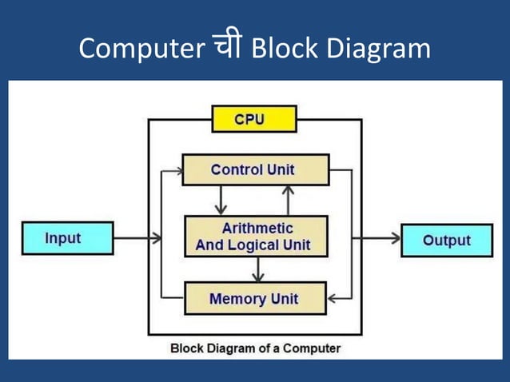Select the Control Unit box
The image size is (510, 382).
click(x=255, y=169)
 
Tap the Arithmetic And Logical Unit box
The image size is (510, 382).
click(x=256, y=237)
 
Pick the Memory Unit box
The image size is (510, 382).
click(x=255, y=299)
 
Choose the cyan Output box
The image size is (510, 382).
click(x=446, y=241)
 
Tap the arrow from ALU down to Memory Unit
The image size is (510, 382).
click(x=257, y=269)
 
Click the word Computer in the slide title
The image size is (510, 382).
click(x=141, y=49)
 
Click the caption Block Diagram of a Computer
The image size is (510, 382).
click(x=255, y=348)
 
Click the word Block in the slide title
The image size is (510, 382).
click(x=280, y=49)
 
